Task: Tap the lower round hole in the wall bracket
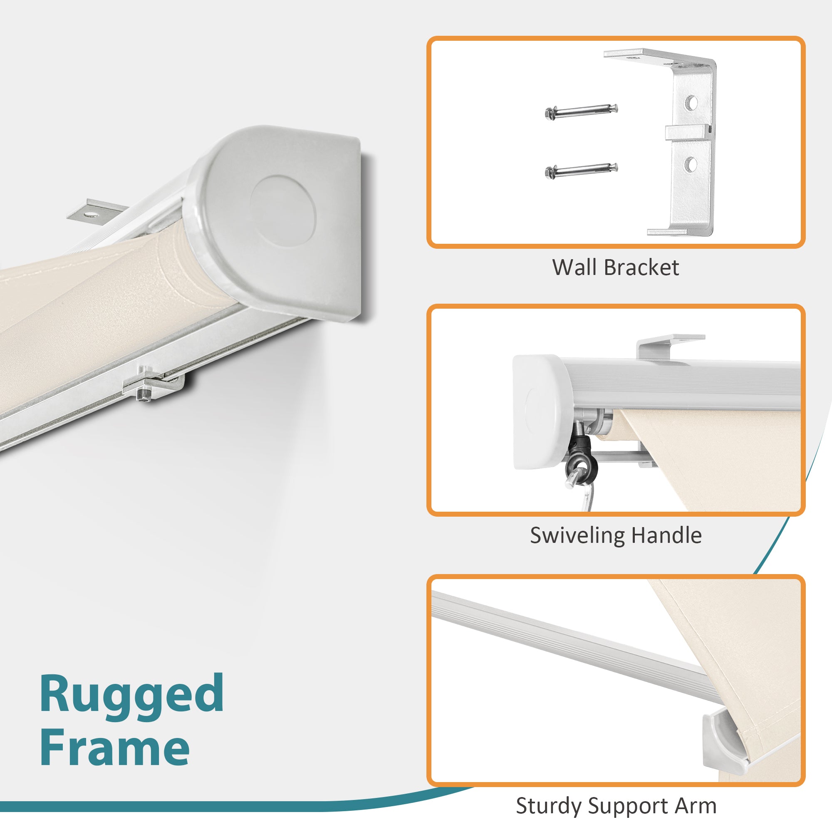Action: pyautogui.click(x=690, y=164)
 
